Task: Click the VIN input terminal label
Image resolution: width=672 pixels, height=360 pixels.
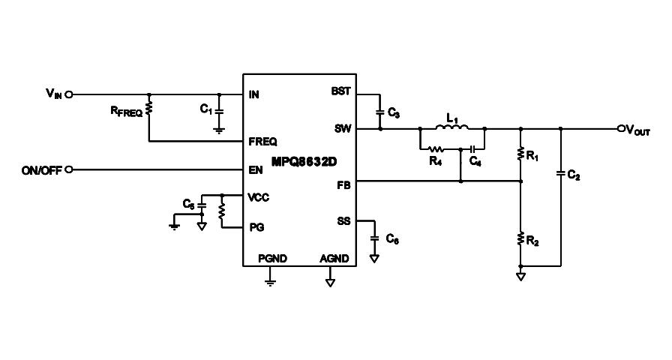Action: click(x=53, y=94)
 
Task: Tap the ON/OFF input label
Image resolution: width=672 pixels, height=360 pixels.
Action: click(x=42, y=169)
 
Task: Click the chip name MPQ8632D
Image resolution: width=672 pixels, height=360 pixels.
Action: click(x=298, y=160)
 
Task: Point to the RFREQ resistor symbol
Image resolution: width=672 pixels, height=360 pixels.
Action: click(x=149, y=109)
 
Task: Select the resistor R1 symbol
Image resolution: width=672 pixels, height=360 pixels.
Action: click(x=520, y=154)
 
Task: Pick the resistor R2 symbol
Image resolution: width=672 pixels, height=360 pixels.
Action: click(x=520, y=240)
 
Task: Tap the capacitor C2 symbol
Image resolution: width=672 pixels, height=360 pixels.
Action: click(x=561, y=175)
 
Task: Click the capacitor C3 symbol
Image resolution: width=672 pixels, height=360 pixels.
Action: click(x=380, y=112)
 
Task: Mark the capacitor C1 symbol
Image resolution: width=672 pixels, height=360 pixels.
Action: click(x=219, y=110)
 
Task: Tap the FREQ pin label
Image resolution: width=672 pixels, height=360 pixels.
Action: click(x=262, y=141)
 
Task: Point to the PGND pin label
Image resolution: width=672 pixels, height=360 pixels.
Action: click(x=271, y=258)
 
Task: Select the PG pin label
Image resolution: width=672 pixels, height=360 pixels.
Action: click(x=256, y=226)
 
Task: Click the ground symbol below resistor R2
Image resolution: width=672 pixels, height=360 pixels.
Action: click(x=520, y=275)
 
